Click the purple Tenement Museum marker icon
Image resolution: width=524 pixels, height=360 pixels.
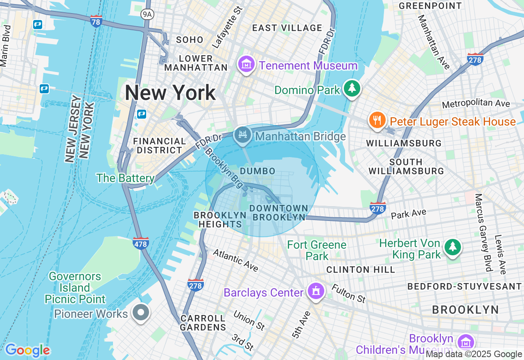pyautogui.click(x=246, y=65)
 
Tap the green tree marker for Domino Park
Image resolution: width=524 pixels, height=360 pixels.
pyautogui.click(x=351, y=88)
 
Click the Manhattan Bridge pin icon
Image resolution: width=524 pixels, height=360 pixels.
pyautogui.click(x=242, y=135)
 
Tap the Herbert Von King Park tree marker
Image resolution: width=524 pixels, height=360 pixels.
pyautogui.click(x=452, y=247)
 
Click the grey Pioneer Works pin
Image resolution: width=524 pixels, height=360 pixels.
pyautogui.click(x=141, y=313)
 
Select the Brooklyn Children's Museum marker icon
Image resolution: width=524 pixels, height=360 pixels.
pyautogui.click(x=465, y=342)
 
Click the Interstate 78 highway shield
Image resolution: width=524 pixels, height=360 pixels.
pyautogui.click(x=96, y=21)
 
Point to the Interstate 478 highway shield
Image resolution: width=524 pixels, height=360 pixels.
pyautogui.click(x=141, y=243)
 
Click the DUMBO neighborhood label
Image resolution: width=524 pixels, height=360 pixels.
pyautogui.click(x=257, y=171)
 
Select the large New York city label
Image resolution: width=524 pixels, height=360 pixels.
pyautogui.click(x=170, y=93)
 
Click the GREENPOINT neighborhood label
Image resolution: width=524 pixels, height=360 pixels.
pyautogui.click(x=430, y=6)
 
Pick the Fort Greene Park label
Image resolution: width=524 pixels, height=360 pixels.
pyautogui.click(x=316, y=250)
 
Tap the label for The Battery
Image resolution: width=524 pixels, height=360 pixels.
pyautogui.click(x=125, y=178)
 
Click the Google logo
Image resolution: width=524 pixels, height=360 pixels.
pyautogui.click(x=27, y=350)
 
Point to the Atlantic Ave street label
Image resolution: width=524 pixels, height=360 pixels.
pyautogui.click(x=235, y=261)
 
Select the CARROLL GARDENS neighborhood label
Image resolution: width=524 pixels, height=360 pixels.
pyautogui.click(x=203, y=323)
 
